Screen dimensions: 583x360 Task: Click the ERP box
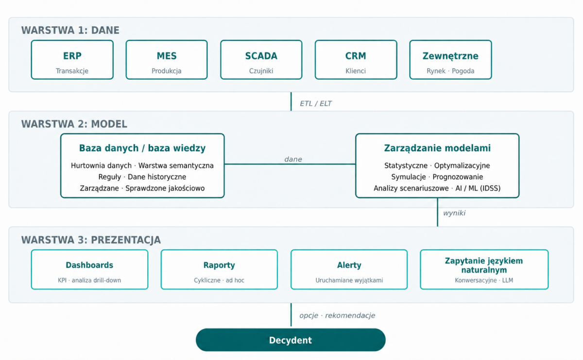tap(72, 60)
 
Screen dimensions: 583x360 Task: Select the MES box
tap(167, 60)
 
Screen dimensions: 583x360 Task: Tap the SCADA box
tap(261, 60)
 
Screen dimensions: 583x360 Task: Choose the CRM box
tap(356, 60)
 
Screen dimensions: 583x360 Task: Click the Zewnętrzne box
tap(450, 60)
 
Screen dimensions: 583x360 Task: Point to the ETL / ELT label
tap(315, 103)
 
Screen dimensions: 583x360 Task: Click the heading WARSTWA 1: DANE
tap(70, 30)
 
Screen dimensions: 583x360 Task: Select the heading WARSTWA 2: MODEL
tap(74, 124)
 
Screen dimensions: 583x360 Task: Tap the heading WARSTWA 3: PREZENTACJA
tap(91, 240)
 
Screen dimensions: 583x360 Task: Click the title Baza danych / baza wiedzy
tap(142, 148)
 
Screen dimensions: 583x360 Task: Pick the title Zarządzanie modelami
tap(437, 148)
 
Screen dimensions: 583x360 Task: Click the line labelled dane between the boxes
tap(290, 164)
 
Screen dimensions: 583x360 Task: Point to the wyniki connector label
tap(454, 213)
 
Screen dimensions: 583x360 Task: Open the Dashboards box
tap(89, 270)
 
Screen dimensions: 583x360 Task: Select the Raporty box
tap(219, 270)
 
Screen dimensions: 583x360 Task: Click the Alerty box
tap(349, 270)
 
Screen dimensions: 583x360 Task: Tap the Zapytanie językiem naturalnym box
tap(484, 270)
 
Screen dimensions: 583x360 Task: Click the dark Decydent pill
tap(291, 340)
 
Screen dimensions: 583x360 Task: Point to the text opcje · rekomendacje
tap(337, 315)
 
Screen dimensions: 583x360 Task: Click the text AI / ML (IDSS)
tap(478, 188)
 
